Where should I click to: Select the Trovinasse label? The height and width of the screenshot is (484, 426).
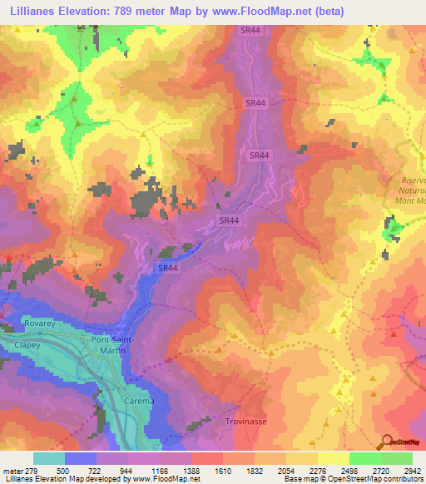[245, 422]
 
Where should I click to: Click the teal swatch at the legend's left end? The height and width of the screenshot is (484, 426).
[49, 458]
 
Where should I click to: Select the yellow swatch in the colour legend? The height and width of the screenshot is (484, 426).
[333, 458]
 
